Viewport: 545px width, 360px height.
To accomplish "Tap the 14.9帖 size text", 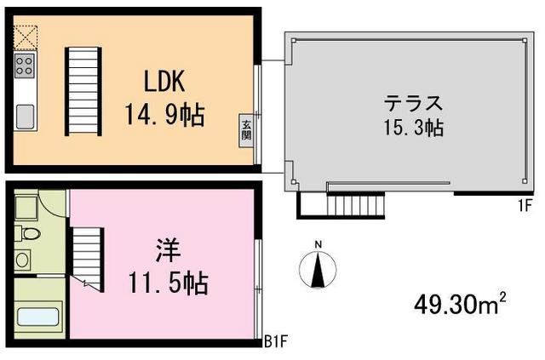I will point(166,114).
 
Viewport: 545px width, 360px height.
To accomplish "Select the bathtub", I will point(37,317).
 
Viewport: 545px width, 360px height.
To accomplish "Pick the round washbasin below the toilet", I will point(22,259).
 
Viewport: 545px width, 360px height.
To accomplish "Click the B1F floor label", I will point(274,344).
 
